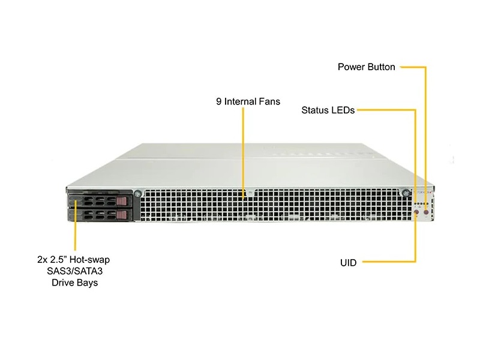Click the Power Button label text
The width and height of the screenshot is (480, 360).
[x=367, y=67]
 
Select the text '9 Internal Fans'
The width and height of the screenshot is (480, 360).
[x=248, y=101]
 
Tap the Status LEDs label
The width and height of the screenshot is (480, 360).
[x=328, y=110]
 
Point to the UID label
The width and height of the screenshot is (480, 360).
[x=348, y=262]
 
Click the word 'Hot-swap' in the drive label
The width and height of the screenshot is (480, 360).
[x=89, y=260]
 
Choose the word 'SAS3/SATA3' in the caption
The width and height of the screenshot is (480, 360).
[x=74, y=271]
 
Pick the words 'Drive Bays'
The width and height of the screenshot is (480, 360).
[x=74, y=283]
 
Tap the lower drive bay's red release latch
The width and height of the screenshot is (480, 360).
[x=122, y=214]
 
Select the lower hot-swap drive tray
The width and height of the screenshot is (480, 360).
[x=100, y=214]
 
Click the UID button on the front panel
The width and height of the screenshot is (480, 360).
[x=417, y=212]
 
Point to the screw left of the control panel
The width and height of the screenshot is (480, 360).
[x=406, y=193]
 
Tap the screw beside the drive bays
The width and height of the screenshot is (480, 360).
[x=137, y=193]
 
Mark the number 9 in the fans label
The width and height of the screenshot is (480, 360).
[x=219, y=101]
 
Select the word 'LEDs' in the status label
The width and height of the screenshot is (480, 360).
[x=344, y=110]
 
